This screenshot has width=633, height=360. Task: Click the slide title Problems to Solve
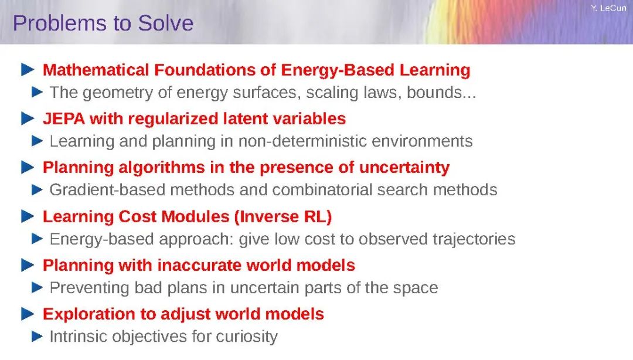point(103,23)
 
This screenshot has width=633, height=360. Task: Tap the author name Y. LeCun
point(608,8)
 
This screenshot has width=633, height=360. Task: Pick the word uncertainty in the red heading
point(404,168)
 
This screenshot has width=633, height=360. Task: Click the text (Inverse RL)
point(283,216)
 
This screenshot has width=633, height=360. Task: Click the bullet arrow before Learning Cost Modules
point(28,216)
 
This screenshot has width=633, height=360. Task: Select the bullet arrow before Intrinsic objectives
point(37,336)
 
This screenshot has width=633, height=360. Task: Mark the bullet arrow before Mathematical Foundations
point(28,70)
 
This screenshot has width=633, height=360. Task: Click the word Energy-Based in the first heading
point(338,70)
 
